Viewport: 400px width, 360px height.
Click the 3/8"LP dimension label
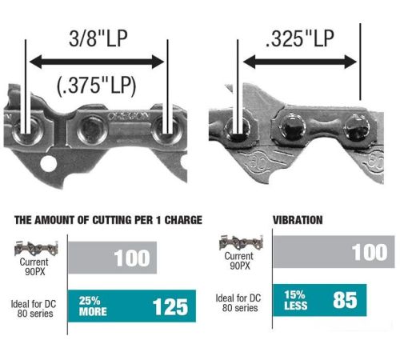click(x=98, y=38)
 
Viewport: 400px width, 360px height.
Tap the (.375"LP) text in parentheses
click(x=96, y=86)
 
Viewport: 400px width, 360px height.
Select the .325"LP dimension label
click(x=300, y=38)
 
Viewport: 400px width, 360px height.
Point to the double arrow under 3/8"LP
click(x=97, y=62)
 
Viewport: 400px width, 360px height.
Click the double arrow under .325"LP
click(x=300, y=62)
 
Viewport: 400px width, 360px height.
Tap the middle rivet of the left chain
click(x=93, y=130)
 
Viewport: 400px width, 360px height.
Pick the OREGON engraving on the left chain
click(x=128, y=116)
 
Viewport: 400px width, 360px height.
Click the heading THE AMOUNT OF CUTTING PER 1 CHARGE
click(x=108, y=220)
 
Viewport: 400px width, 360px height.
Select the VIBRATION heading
click(x=298, y=220)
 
